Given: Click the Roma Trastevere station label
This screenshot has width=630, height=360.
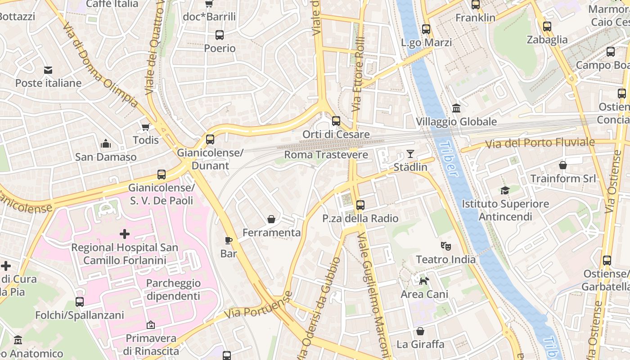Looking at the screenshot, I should [x=326, y=155].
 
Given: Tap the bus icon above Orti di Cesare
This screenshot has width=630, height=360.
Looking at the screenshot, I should [x=336, y=121].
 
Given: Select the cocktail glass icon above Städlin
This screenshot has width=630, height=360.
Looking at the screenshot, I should [x=410, y=153].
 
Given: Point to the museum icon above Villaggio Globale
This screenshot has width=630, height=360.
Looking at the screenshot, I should [x=456, y=108].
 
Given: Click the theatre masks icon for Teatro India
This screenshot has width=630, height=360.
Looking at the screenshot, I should [x=445, y=246].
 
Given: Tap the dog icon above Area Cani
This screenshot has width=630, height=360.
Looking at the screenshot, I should [x=424, y=281].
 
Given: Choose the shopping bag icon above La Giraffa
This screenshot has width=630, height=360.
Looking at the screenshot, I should [x=420, y=331].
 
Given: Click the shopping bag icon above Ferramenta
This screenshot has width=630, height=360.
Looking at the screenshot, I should [x=271, y=219].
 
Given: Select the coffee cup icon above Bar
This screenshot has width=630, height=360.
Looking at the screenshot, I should [x=229, y=240].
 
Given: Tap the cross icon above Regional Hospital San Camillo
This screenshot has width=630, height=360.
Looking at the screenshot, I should [x=125, y=234].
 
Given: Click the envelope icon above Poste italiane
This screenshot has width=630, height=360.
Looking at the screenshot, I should [x=48, y=70].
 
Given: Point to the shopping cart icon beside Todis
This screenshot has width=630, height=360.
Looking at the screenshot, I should [x=145, y=127].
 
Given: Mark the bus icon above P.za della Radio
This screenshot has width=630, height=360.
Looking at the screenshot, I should [x=360, y=205].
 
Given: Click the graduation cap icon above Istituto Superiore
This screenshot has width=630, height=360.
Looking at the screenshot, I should [x=505, y=190].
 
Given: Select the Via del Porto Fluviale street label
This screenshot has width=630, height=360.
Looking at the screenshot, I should [x=540, y=143].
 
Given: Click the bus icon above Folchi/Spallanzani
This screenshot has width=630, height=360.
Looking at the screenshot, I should [x=80, y=301].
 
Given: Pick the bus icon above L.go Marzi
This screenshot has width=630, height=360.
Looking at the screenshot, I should [x=426, y=29].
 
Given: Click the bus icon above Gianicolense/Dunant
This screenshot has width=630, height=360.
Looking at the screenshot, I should [x=210, y=139].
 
